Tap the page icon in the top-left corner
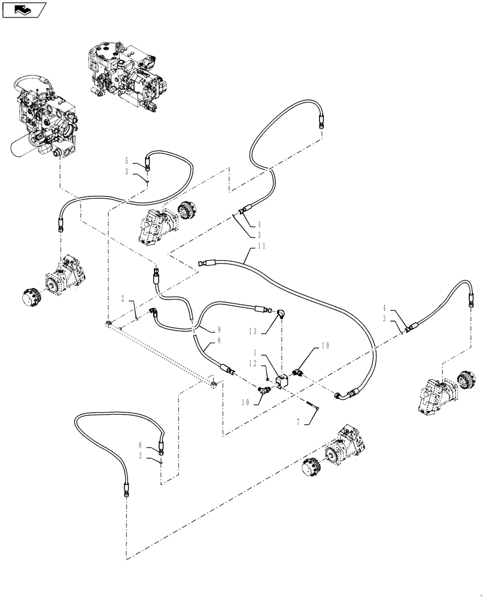click(24, 9)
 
